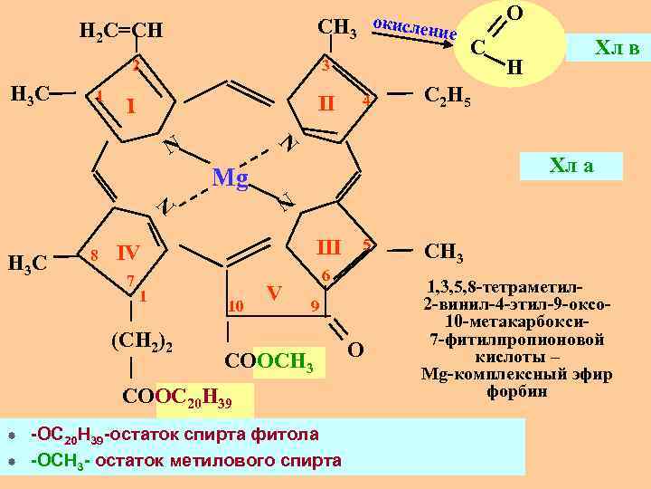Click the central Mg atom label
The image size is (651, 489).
(x=230, y=178)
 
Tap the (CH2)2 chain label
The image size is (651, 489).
(x=142, y=341)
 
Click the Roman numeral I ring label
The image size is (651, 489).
(x=132, y=108)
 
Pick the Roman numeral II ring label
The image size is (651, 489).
(x=322, y=104)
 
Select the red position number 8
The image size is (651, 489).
(x=94, y=255)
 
